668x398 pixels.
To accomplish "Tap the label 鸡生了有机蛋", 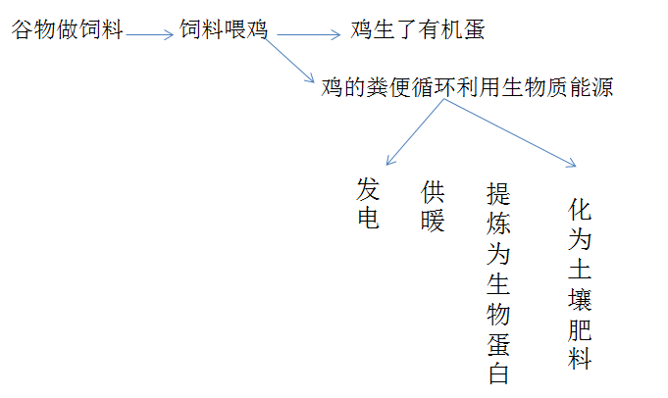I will pyautogui.click(x=418, y=30).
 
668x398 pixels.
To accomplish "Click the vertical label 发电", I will pyautogui.click(x=368, y=204).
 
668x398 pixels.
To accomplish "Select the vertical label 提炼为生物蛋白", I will pyautogui.click(x=499, y=283).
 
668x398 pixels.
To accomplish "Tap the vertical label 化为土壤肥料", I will pyautogui.click(x=581, y=283).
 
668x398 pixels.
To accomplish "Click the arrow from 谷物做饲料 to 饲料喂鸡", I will pyautogui.click(x=150, y=36).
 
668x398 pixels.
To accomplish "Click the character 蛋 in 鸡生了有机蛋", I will pyautogui.click(x=474, y=30).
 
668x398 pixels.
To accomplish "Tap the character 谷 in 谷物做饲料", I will pyautogui.click(x=23, y=30).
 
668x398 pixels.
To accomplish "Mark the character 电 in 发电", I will pyautogui.click(x=368, y=218).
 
